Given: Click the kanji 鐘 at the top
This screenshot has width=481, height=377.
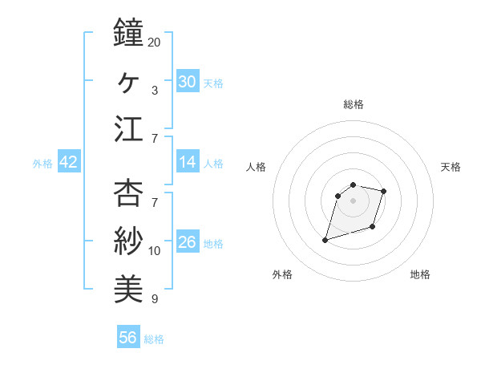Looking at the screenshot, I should coord(128,33).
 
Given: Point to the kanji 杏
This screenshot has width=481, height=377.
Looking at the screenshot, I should coord(128,193).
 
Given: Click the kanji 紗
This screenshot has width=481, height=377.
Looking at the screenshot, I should coord(128,241).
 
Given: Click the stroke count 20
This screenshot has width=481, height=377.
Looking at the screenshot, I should coord(155,42).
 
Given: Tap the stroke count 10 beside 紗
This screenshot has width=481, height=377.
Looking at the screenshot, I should coord(155,251).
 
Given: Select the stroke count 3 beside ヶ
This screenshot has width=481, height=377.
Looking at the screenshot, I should coord(154,90).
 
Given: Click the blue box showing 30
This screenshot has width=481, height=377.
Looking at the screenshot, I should coord(188,82).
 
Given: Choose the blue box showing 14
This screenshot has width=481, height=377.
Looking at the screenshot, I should coord(188,162).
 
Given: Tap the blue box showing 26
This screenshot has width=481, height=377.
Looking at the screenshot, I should coord(188,242).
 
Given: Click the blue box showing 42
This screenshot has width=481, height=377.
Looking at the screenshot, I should coord(69,162).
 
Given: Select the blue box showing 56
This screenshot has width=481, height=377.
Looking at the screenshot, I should coord(128,338).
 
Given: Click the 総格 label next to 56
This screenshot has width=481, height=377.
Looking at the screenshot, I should coord(154,339).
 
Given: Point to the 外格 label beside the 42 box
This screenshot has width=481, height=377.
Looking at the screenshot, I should coord(42,164).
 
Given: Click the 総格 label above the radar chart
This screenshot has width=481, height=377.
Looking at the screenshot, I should coord(354,104).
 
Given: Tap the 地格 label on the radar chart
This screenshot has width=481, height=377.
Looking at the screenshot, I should coord(420,274).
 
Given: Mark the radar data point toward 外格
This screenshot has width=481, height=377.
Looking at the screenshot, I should coord(325,240).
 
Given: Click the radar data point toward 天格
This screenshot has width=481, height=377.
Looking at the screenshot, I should coord(384,191).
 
